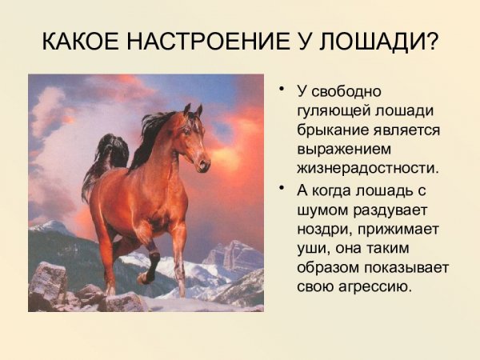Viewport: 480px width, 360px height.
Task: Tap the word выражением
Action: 334,150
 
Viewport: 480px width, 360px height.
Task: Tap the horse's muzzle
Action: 203,165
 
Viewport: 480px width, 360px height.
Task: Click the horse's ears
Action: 192,110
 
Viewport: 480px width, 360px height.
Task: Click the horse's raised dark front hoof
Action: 144,278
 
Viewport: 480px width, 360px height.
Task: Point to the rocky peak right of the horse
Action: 234,256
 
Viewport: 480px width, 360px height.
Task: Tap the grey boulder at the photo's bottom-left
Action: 48,285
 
